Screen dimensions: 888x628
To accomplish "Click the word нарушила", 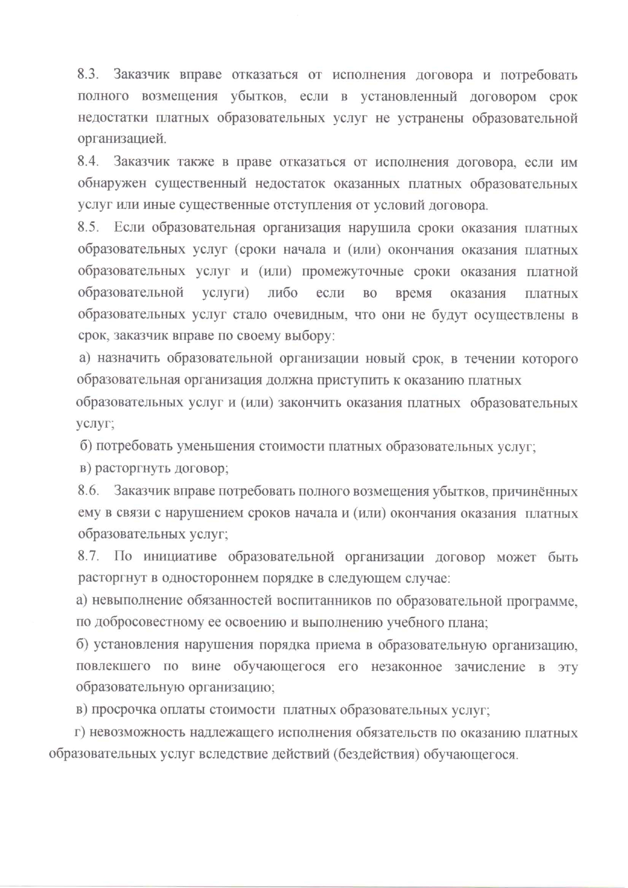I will click(379, 227).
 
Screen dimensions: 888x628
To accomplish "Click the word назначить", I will click(129, 359).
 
